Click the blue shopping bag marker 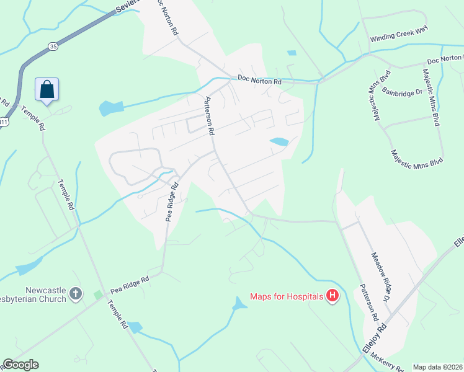(47, 89)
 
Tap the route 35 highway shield (54, 46)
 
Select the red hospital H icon (332, 296)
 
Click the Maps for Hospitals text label (287, 296)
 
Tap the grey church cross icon (76, 294)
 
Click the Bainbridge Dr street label (402, 92)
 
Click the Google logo (20, 365)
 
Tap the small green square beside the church (97, 295)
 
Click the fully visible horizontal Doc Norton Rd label (260, 81)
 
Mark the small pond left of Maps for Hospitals (239, 304)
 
